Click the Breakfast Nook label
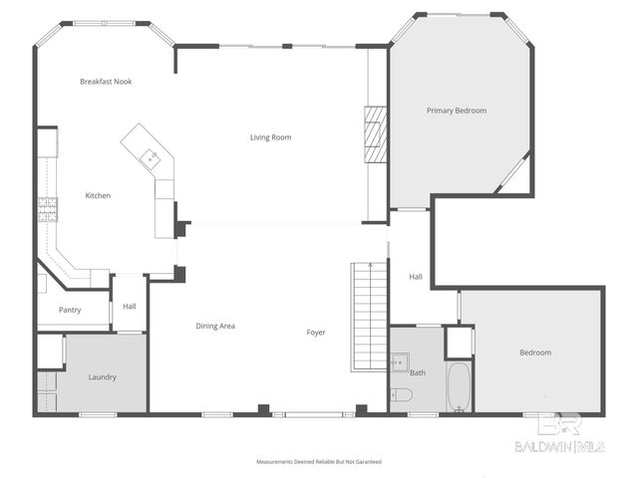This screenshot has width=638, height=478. point(107,82)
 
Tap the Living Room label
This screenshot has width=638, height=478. point(270,137)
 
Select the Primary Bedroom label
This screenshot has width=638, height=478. point(457,111)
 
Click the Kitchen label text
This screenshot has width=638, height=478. point(98,196)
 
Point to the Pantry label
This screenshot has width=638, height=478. point(70,310)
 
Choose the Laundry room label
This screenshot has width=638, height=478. point(102,377)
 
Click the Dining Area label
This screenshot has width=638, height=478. point(215,326)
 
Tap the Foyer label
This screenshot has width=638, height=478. point(316,333)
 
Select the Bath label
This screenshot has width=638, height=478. point(417,372)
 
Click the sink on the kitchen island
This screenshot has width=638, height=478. point(149,155)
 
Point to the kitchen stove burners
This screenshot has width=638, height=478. point(47,208)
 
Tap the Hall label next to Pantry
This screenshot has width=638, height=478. point(130,307)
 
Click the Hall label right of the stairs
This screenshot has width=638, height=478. point(416,277)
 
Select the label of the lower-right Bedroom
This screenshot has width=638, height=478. point(534,353)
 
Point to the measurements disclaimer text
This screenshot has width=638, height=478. point(318,462)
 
